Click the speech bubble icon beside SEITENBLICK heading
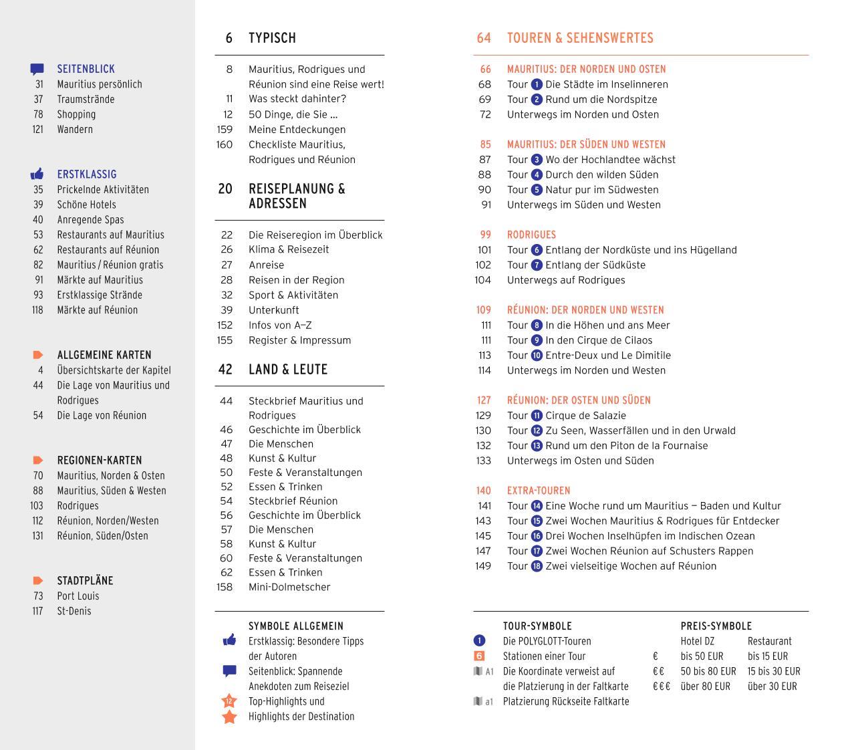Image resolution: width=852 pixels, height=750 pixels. pyautogui.click(x=37, y=69)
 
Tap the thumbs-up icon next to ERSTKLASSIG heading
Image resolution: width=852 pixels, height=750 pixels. pyautogui.click(x=37, y=174)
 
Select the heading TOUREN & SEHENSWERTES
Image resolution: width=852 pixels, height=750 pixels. pyautogui.click(x=580, y=38)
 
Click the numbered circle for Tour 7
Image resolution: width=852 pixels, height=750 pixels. pyautogui.click(x=537, y=265)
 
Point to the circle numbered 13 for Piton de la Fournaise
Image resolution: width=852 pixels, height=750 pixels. pyautogui.click(x=537, y=446)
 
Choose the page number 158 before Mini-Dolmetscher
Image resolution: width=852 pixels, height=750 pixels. pyautogui.click(x=225, y=587)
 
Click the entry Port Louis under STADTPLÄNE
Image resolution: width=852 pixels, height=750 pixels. pyautogui.click(x=78, y=596)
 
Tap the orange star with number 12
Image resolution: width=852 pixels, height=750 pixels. pyautogui.click(x=229, y=701)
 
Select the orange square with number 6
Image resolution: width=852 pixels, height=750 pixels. pyautogui.click(x=479, y=656)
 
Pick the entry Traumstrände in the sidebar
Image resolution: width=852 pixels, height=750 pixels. pyautogui.click(x=86, y=99)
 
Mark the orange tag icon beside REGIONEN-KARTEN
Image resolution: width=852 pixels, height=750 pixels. pyautogui.click(x=38, y=461)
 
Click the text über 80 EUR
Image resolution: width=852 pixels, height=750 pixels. pyautogui.click(x=708, y=686)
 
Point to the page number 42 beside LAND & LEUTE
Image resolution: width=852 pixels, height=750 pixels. pyautogui.click(x=226, y=370)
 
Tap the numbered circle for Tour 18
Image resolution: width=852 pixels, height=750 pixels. pyautogui.click(x=537, y=566)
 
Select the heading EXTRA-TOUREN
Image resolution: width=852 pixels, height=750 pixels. pyautogui.click(x=539, y=491)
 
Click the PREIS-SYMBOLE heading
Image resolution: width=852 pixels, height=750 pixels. pyautogui.click(x=716, y=626)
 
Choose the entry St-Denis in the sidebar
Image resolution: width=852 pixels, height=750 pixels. pyautogui.click(x=74, y=611)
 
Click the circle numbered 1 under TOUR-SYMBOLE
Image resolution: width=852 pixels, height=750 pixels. pyautogui.click(x=479, y=641)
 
